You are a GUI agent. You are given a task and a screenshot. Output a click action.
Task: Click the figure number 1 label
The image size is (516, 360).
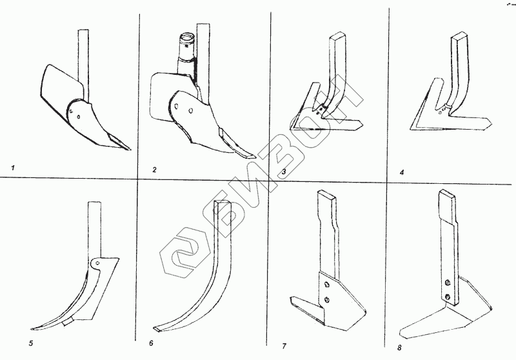point(14,168)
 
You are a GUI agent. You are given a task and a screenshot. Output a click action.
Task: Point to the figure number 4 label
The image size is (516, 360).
point(402,172)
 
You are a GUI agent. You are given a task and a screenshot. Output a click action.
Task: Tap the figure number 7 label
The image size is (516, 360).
point(284,346)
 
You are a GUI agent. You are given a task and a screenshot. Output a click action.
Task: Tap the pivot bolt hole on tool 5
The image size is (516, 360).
point(95,263)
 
